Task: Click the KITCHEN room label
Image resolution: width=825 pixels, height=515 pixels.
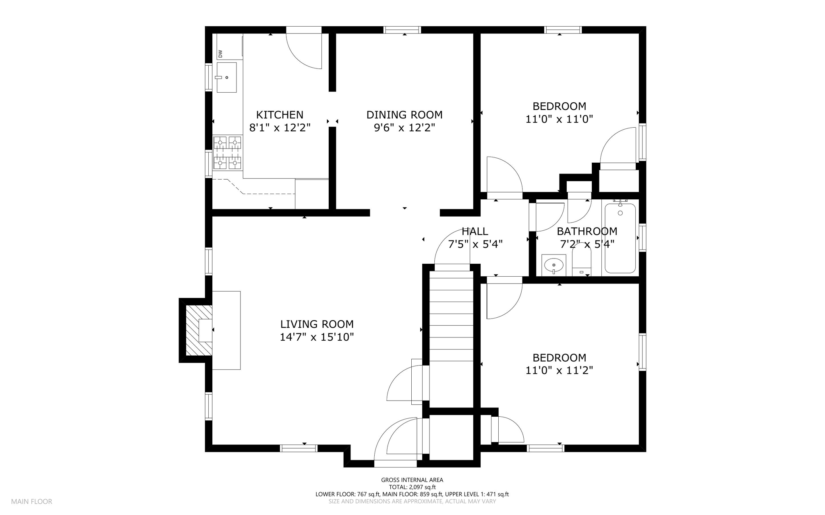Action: [280, 115]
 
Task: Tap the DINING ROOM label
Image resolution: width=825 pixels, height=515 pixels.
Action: [404, 115]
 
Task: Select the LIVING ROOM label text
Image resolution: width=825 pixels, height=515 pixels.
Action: [317, 324]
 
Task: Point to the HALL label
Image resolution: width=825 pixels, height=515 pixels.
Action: [475, 232]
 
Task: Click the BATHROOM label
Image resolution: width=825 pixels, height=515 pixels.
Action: [587, 232]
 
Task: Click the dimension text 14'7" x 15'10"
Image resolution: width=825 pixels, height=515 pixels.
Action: [317, 337]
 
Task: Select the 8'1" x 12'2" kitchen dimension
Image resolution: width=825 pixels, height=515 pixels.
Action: [280, 128]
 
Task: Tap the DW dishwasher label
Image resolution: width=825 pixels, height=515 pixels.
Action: [220, 54]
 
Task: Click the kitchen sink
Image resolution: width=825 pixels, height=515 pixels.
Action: [226, 77]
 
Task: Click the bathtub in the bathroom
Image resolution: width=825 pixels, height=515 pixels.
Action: [620, 238]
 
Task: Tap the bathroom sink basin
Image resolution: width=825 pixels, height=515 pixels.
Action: [554, 265]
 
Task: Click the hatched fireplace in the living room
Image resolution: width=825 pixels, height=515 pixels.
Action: [199, 331]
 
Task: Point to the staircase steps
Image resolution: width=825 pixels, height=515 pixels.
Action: [451, 338]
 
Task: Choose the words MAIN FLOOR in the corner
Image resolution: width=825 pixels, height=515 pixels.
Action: [31, 502]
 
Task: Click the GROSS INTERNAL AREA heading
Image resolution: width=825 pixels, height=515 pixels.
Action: [412, 480]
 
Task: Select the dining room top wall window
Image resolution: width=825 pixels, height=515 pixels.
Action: [402, 30]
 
